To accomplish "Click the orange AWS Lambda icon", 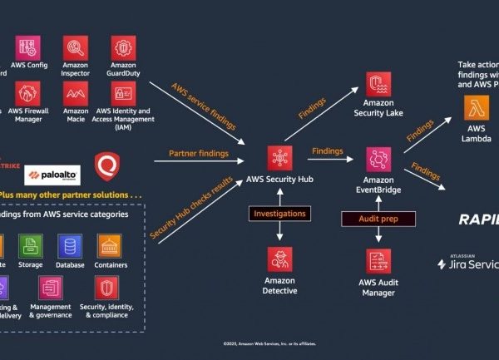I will click(x=477, y=106).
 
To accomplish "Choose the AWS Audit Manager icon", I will click(x=378, y=261).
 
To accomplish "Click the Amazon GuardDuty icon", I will click(x=123, y=47).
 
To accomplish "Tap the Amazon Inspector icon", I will click(x=76, y=47).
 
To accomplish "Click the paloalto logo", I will click(x=52, y=174).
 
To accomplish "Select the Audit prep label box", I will click(x=378, y=218).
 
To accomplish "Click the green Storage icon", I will click(x=31, y=246).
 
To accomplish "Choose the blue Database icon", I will click(x=70, y=246).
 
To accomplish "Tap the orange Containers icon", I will click(x=110, y=246).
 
